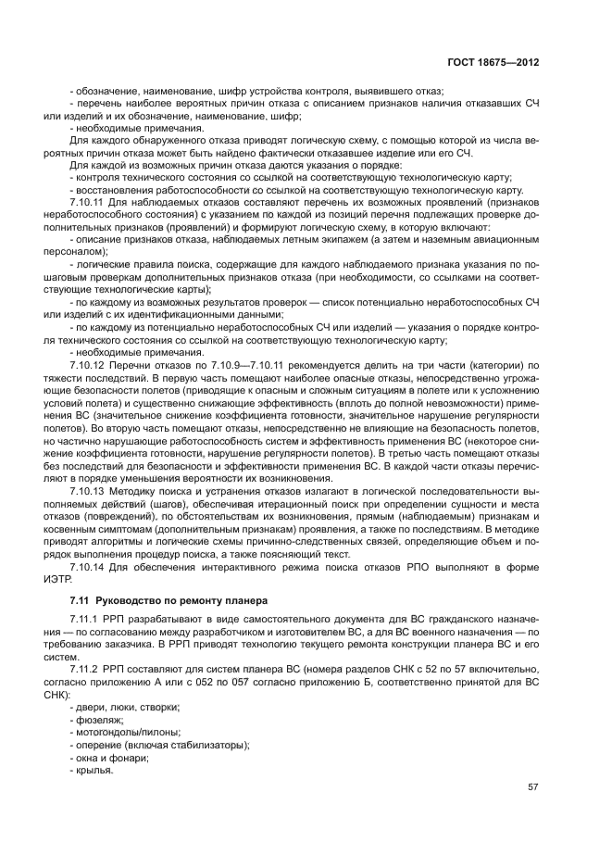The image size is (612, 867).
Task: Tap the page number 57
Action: click(x=531, y=787)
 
